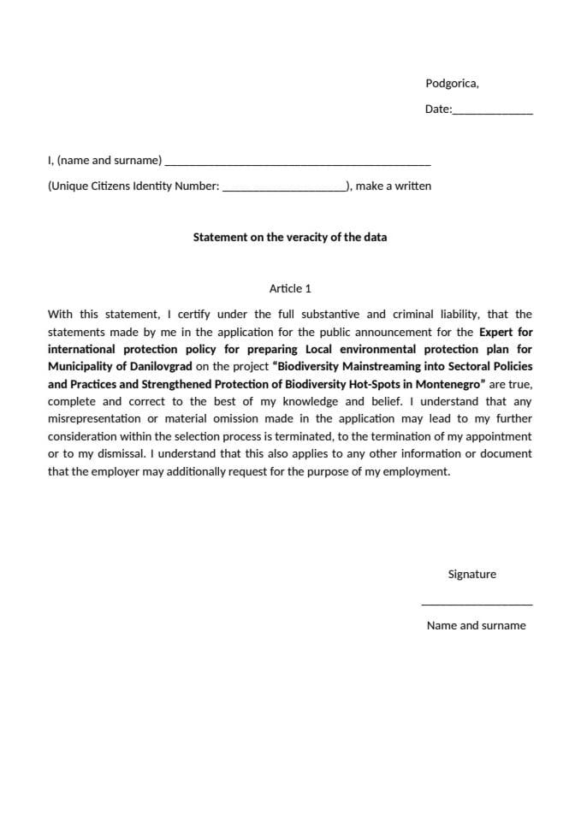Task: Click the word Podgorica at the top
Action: [x=451, y=84]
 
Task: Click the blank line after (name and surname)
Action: [x=297, y=162]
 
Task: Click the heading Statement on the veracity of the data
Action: [x=289, y=237]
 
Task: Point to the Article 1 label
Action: [x=289, y=289]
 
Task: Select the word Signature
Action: [x=471, y=575]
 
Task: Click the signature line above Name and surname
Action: [x=477, y=605]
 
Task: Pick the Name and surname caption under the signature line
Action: [x=476, y=626]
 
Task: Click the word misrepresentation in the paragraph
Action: [x=94, y=419]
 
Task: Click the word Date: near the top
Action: [x=438, y=109]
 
